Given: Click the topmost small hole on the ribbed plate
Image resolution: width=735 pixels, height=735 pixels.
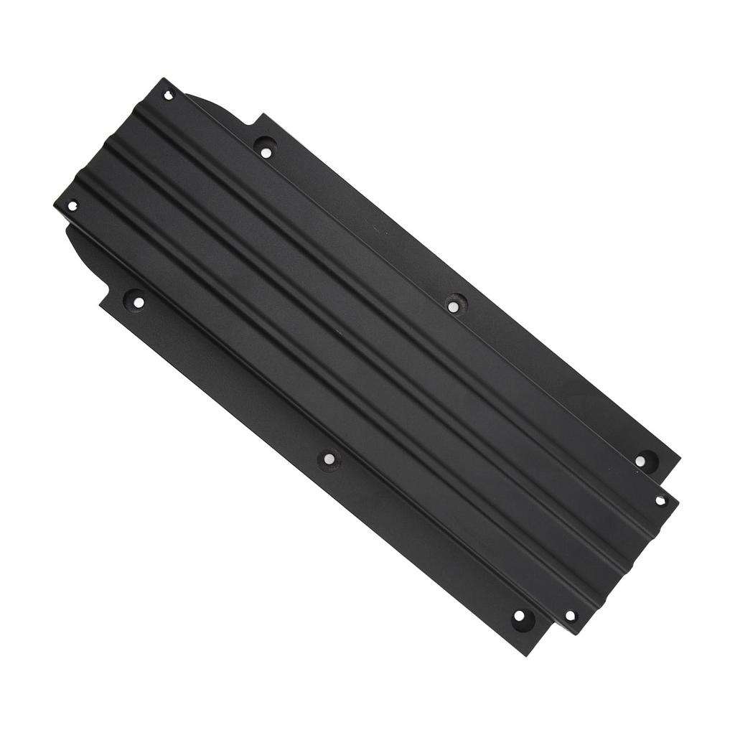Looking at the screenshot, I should point(169,94).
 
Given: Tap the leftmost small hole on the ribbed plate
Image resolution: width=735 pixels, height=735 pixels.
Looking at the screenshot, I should point(72,206).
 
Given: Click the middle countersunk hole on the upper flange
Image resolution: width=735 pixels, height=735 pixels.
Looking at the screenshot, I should point(453,306).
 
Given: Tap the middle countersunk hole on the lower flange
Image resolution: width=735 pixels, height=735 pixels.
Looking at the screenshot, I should point(328,459).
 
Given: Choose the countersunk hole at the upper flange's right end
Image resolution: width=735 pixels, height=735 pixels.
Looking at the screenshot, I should point(640,461).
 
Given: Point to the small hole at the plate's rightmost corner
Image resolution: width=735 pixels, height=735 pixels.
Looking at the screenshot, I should point(660,500).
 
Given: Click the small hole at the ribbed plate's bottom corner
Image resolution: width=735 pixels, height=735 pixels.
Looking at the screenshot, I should point(570,616).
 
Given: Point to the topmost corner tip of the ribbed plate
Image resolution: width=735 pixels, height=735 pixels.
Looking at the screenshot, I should point(162,79).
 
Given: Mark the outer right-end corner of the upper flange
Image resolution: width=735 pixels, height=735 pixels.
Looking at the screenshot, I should point(679,457).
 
